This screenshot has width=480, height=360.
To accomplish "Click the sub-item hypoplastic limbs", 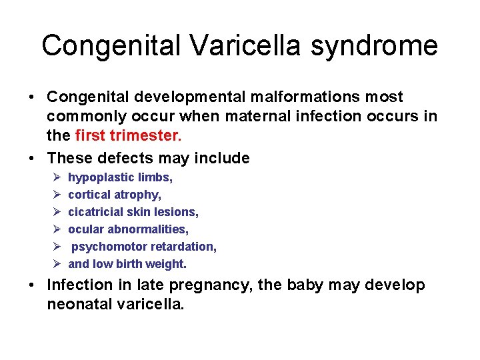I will [120, 177].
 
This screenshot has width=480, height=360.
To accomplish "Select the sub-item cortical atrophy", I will [115, 195].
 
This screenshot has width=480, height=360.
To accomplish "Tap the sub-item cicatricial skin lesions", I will [133, 212].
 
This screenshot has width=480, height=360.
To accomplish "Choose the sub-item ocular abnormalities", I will [128, 229].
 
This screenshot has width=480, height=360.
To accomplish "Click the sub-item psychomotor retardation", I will [144, 247].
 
